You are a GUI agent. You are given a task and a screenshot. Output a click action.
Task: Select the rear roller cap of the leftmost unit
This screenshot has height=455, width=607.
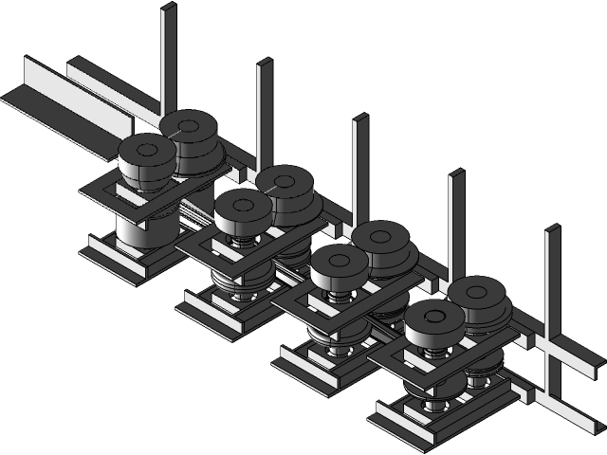(x=189, y=124)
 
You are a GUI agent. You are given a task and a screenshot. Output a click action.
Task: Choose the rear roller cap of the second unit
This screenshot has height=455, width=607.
(x=285, y=180)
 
